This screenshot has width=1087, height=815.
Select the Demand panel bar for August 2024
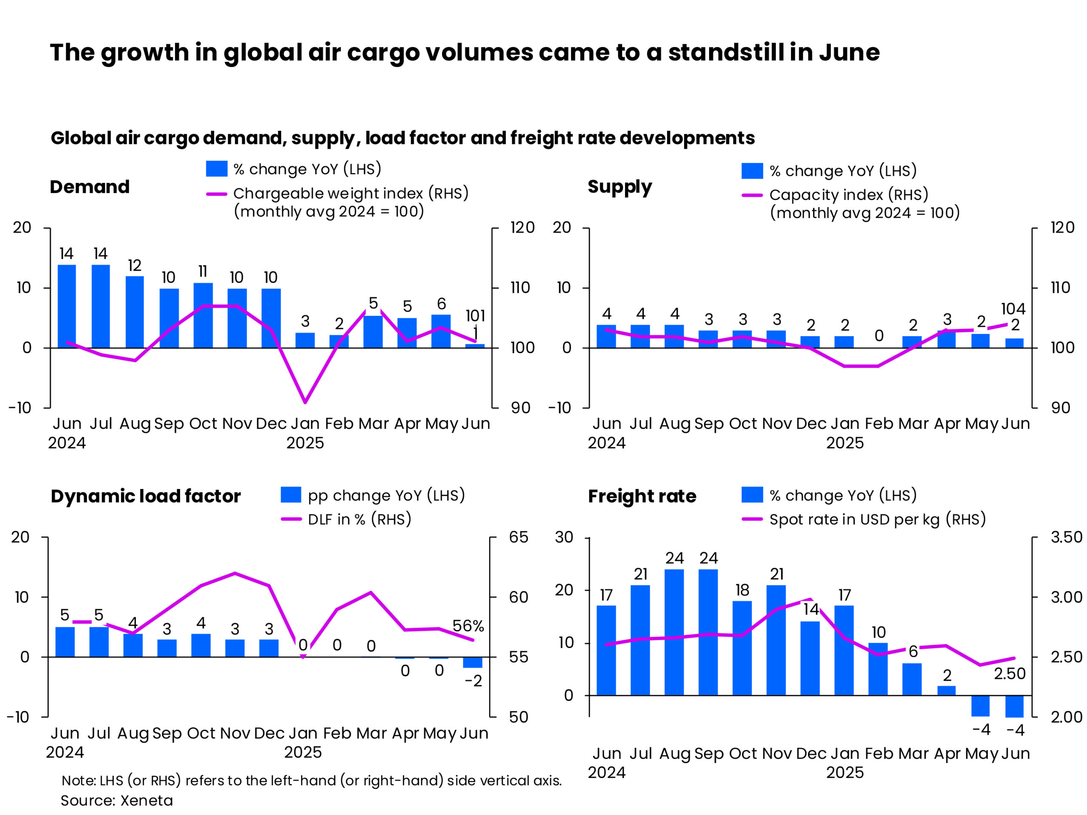point(135,312)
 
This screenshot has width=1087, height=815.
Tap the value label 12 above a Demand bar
point(135,266)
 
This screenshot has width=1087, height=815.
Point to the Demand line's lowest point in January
point(306,402)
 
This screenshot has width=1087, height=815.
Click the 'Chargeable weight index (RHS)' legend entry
point(350,194)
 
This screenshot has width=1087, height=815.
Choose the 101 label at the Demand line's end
point(475,315)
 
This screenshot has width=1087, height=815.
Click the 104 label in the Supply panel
point(1013,309)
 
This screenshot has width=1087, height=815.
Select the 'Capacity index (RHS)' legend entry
point(849,195)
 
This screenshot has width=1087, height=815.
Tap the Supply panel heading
point(620,187)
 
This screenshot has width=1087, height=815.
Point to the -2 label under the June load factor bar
point(473,681)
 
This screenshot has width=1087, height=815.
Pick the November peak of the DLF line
point(235,573)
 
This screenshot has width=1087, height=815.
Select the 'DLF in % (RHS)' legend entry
point(359,519)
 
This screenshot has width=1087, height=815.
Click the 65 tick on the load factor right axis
point(518,537)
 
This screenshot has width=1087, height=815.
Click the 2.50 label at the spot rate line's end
point(1009,674)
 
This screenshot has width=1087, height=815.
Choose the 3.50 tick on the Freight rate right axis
point(1066,537)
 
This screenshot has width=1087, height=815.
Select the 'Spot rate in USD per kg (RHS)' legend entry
point(877,519)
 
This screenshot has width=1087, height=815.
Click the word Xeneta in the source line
point(147,801)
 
